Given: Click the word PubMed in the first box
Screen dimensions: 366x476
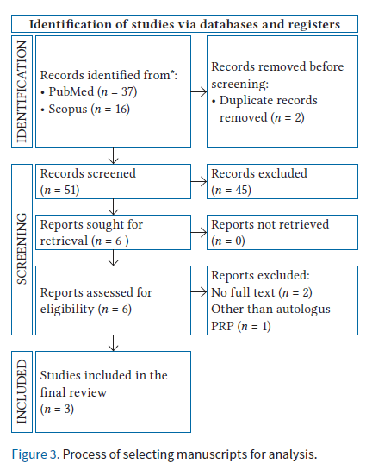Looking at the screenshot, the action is pyautogui.click(x=71, y=91).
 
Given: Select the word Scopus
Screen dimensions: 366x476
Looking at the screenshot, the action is pyautogui.click(x=68, y=109).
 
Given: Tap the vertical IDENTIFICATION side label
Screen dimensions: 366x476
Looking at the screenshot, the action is pyautogui.click(x=22, y=91).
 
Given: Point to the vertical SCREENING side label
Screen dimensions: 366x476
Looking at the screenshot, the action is pyautogui.click(x=22, y=249).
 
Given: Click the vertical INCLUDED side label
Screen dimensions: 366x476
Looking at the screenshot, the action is pyautogui.click(x=22, y=391).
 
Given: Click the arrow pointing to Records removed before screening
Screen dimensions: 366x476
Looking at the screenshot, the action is pyautogui.click(x=199, y=91).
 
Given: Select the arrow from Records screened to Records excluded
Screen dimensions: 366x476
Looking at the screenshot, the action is pyautogui.click(x=199, y=182).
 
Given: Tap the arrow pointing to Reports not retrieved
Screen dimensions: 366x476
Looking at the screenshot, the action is pyautogui.click(x=199, y=233).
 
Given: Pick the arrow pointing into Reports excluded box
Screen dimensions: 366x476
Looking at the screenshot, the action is pyautogui.click(x=199, y=292).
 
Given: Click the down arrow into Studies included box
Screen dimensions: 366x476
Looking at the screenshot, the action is pyautogui.click(x=113, y=343).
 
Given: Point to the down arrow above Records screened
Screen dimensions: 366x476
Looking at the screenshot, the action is pyautogui.click(x=113, y=156).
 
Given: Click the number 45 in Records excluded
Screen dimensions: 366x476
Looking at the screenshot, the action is pyautogui.click(x=242, y=190).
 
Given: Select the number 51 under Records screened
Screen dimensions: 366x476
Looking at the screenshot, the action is pyautogui.click(x=70, y=190).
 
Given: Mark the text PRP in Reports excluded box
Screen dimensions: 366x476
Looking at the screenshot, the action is pyautogui.click(x=222, y=326).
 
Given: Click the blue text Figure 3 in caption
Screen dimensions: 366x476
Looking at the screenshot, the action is pyautogui.click(x=34, y=454).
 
